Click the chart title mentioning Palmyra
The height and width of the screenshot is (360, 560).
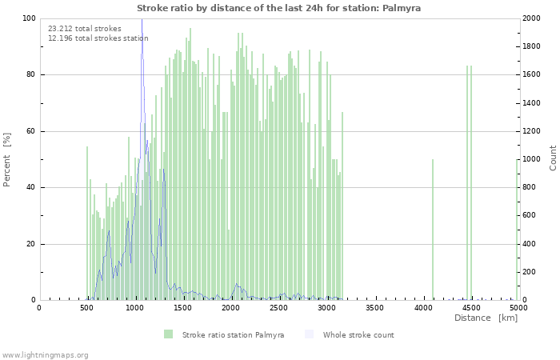278,8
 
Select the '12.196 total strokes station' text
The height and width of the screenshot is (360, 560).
98,38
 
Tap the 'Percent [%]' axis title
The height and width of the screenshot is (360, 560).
7,160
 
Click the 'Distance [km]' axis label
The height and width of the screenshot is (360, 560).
486,318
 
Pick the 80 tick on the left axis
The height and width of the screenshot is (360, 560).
30,75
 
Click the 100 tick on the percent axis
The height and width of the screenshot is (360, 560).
28,18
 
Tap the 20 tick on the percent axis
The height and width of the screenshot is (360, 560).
30,245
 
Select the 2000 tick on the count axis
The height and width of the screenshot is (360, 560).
533,18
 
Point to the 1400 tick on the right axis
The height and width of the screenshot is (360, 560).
533,103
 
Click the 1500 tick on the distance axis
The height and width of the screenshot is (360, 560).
182,307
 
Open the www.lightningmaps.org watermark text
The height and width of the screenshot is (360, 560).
45,354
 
